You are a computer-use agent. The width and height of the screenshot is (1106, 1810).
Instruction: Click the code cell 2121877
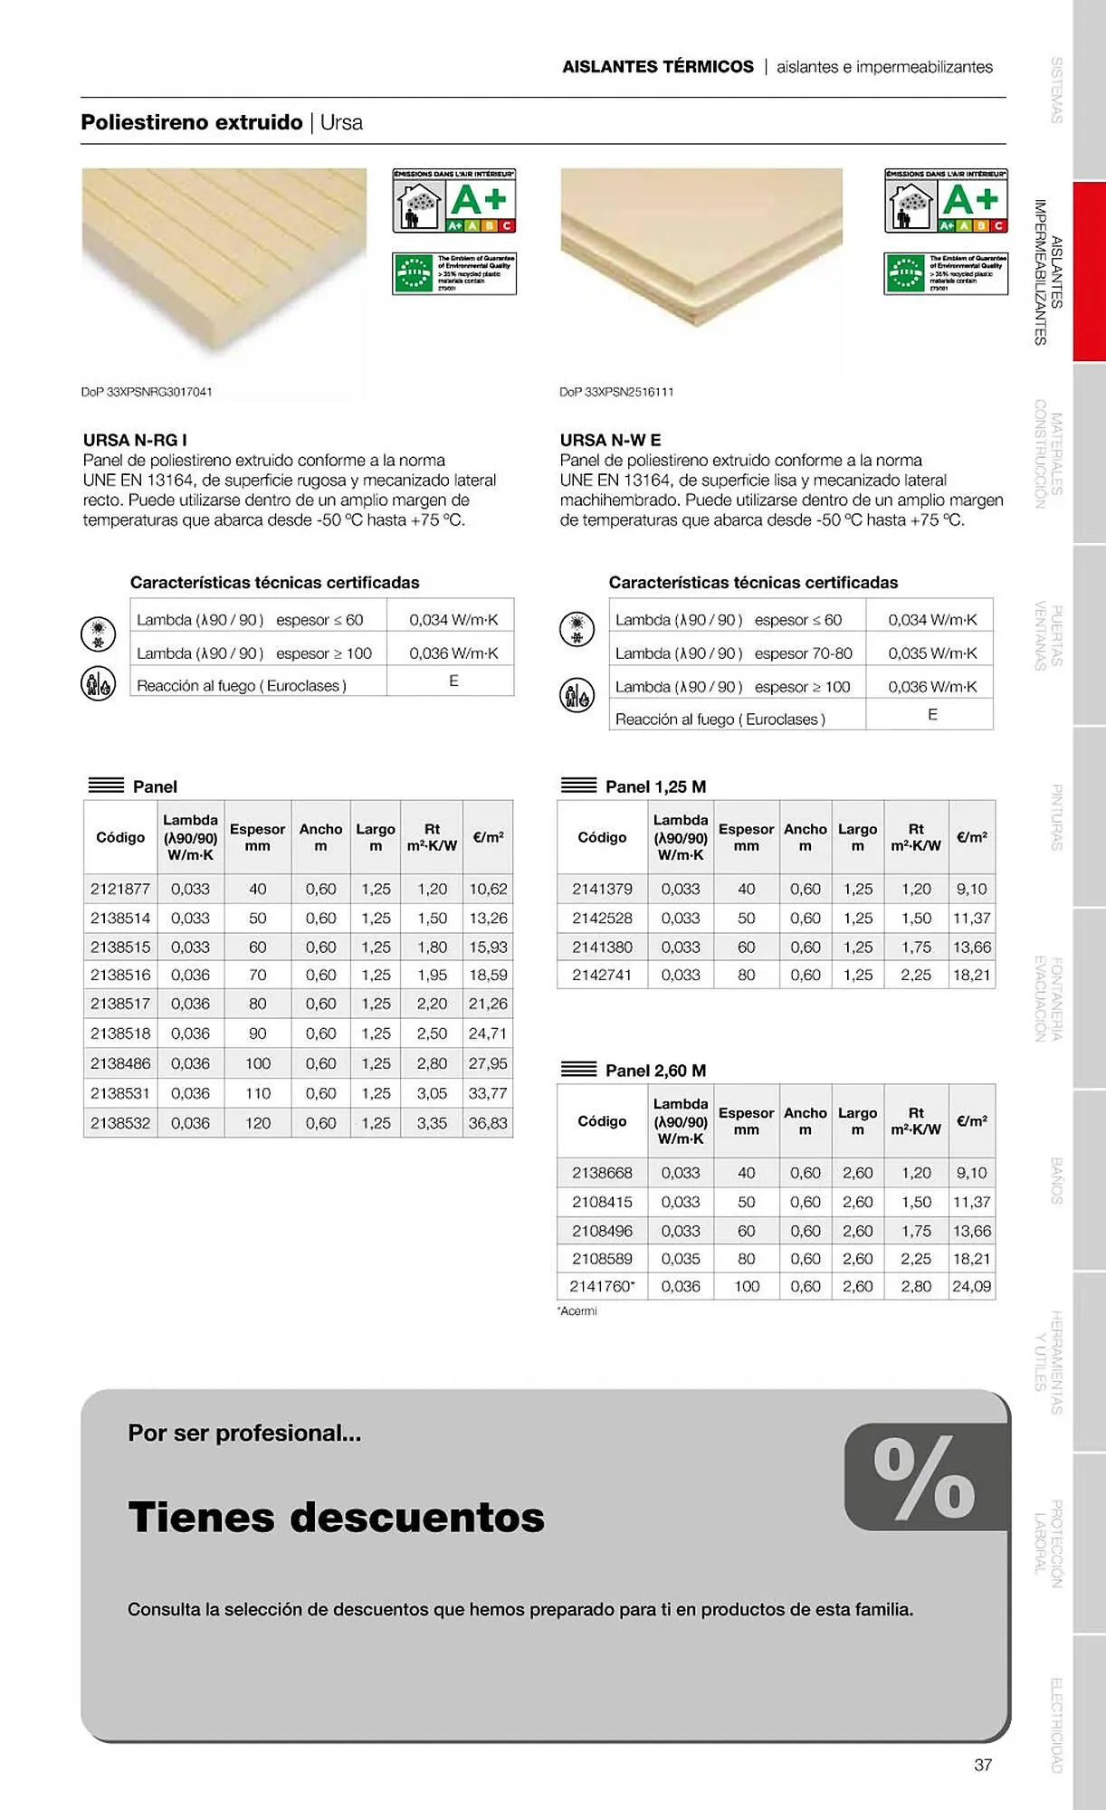[120, 889]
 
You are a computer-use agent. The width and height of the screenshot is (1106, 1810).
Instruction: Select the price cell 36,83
[488, 1123]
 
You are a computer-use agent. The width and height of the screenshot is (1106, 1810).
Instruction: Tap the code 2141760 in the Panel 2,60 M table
[602, 1286]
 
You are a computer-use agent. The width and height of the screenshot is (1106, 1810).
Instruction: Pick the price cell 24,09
[971, 1286]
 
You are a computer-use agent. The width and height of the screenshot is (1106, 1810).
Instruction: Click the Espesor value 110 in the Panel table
[258, 1093]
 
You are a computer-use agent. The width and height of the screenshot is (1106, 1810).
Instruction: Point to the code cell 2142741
[602, 975]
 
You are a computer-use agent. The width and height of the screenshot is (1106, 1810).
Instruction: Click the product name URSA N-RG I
[135, 440]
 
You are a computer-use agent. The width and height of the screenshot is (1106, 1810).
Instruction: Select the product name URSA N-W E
[610, 440]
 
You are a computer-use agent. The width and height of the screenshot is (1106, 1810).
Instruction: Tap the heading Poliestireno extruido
[192, 122]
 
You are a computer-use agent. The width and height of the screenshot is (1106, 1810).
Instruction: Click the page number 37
[983, 1765]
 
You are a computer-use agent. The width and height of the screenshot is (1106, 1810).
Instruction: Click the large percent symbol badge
[925, 1477]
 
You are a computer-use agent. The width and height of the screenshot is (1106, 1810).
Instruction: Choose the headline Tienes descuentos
[336, 1517]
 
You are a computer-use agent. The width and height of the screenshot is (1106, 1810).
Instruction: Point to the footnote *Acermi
[577, 1311]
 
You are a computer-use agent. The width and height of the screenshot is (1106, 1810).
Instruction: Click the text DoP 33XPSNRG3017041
[147, 392]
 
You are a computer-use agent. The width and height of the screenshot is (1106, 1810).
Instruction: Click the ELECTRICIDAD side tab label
[1056, 1724]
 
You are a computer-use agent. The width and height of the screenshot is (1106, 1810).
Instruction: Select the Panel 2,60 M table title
[655, 1071]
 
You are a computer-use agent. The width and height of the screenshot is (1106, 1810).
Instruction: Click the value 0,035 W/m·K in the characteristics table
[932, 653]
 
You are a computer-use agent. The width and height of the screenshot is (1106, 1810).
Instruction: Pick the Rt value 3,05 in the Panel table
[432, 1093]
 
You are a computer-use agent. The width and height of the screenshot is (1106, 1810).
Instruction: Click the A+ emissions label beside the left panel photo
[454, 200]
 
